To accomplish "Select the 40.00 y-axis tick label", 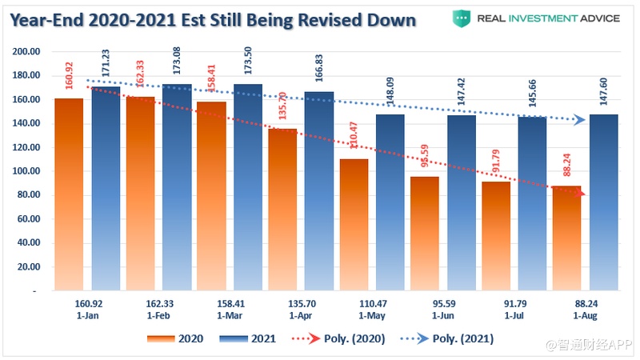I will (x=29, y=243).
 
